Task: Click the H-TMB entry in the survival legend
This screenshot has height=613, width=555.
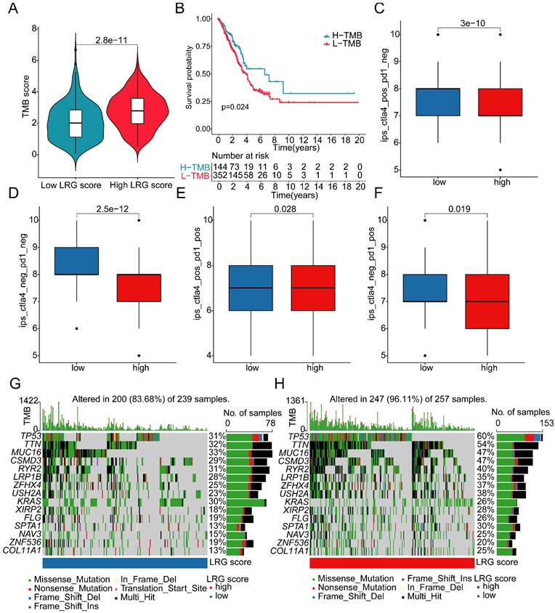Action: pos(342,34)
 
